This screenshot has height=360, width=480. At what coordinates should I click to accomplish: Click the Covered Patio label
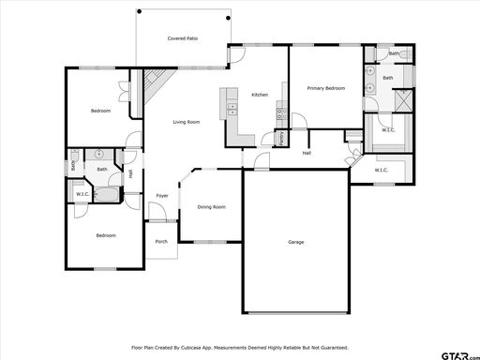tap(183, 38)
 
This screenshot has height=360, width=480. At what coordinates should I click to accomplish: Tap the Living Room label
tap(187, 122)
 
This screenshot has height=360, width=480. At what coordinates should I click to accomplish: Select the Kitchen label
tap(260, 95)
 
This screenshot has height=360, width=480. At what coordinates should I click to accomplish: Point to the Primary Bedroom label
tap(326, 88)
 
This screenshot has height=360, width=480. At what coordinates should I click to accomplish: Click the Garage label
tap(296, 242)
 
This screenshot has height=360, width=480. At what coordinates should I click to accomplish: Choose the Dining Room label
tap(212, 207)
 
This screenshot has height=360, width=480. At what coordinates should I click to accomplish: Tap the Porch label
tap(161, 241)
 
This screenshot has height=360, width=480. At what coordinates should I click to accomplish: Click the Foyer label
tap(162, 196)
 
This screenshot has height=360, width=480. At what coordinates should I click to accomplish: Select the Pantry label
tap(281, 138)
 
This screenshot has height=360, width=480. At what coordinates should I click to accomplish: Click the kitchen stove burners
tap(281, 113)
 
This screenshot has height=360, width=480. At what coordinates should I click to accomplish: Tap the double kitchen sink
tap(232, 110)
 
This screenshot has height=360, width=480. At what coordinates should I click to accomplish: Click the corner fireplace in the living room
tap(156, 83)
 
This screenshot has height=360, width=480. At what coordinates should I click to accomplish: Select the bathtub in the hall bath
tap(107, 195)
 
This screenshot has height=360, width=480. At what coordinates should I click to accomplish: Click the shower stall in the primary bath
tap(403, 100)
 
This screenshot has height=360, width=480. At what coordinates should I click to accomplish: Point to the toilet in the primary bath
tap(405, 55)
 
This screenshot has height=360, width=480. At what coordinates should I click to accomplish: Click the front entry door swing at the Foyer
tap(157, 211)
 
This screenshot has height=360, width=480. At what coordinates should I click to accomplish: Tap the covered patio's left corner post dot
tap(140, 11)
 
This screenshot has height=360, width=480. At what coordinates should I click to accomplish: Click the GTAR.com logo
tap(460, 356)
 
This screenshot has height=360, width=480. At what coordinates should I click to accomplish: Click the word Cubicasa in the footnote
tap(191, 348)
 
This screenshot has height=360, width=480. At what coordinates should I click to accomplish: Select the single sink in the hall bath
tap(99, 154)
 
